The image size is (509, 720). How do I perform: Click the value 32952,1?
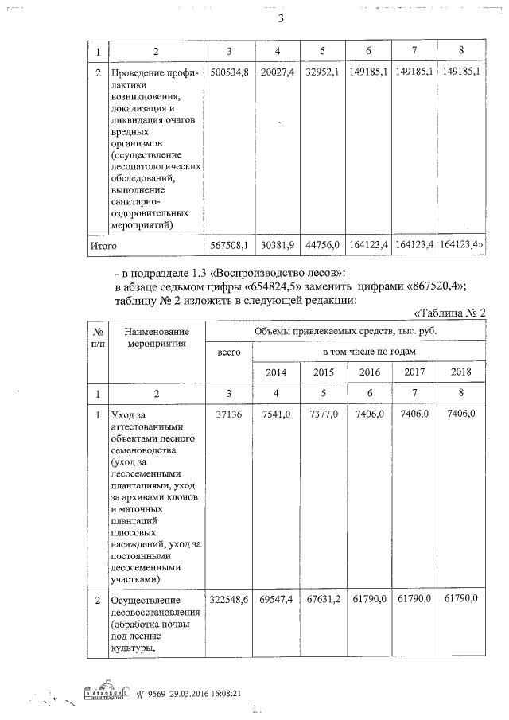point(324,72)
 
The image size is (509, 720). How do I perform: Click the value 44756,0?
point(324,246)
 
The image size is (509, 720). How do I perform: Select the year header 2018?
point(461,372)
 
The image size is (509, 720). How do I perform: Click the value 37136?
point(227,414)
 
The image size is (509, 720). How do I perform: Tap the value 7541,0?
point(277,414)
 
